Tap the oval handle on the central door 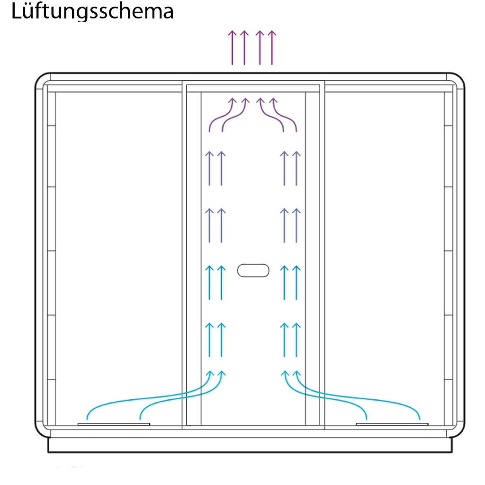pyautogui.click(x=253, y=270)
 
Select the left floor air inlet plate pyautogui.click(x=114, y=424)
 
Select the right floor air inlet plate pyautogui.click(x=392, y=424)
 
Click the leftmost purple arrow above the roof pyautogui.click(x=232, y=47)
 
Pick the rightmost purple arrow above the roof pyautogui.click(x=271, y=47)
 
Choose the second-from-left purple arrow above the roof pyautogui.click(x=244, y=47)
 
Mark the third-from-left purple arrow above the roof pyautogui.click(x=259, y=47)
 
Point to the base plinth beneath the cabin pyautogui.click(x=250, y=445)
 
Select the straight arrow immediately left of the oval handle pyautogui.click(x=221, y=283)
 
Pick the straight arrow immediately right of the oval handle pyautogui.click(x=284, y=283)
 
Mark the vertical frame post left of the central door pyautogui.click(x=184, y=256)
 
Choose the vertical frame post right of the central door pyautogui.click(x=322, y=256)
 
